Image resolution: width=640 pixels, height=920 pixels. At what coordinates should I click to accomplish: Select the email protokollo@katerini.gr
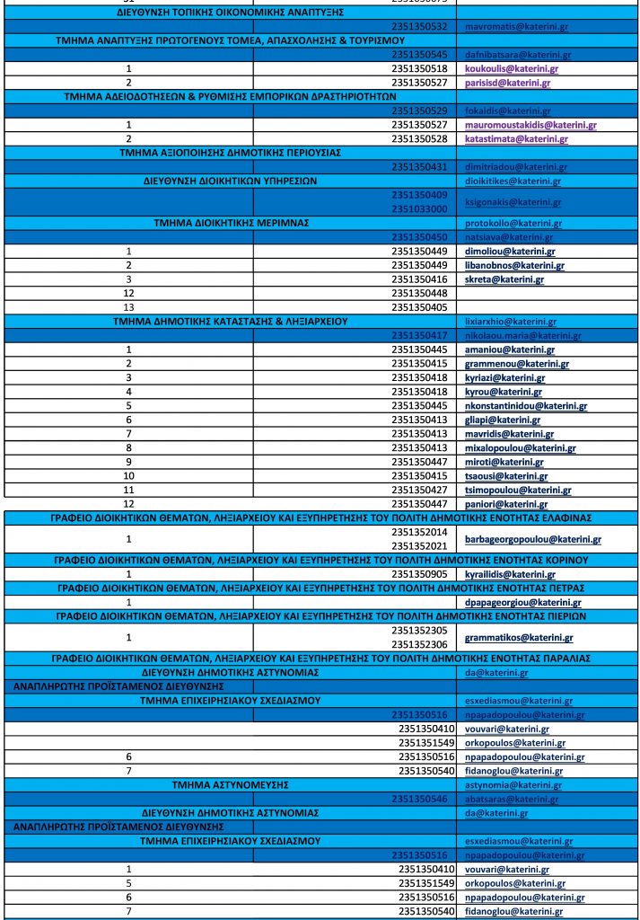[510, 223]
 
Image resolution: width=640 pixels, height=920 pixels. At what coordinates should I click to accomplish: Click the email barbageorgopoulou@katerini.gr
[532, 540]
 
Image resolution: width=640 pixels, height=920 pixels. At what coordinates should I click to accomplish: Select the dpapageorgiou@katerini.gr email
[518, 602]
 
